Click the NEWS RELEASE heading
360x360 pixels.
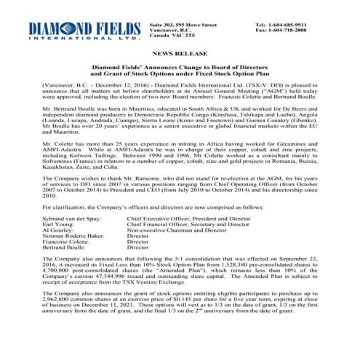click(x=180, y=55)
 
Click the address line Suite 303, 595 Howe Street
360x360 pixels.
click(x=182, y=24)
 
